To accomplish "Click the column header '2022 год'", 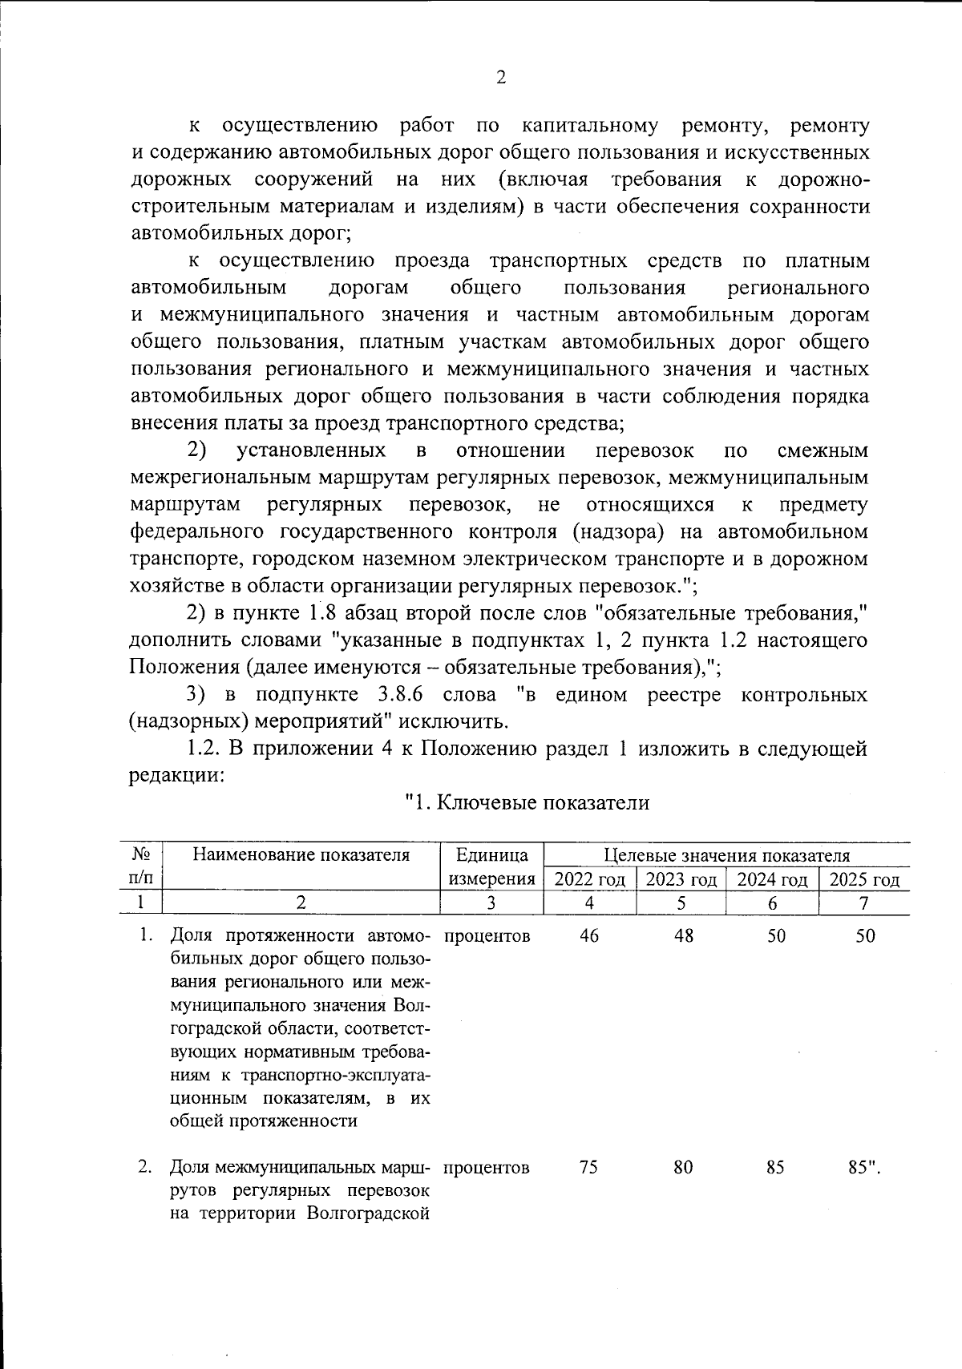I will click(x=589, y=879).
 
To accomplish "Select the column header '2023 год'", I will click(x=681, y=879).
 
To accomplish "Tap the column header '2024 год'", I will click(x=772, y=879).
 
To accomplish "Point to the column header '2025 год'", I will click(x=864, y=879).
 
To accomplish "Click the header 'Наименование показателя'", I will click(x=301, y=854).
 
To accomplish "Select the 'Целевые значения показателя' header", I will click(x=726, y=854).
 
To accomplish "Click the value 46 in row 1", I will click(x=589, y=936).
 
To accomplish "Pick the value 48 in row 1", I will click(x=683, y=936).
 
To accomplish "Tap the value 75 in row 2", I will click(x=588, y=1167).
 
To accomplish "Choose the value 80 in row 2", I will click(x=682, y=1167).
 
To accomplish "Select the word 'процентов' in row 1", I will click(x=486, y=936).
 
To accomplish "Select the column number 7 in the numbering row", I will click(x=863, y=903).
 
